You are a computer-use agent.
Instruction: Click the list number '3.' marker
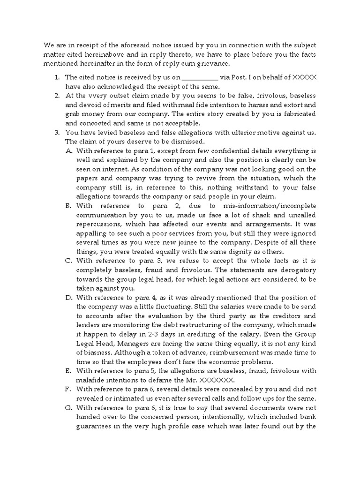[58, 133]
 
